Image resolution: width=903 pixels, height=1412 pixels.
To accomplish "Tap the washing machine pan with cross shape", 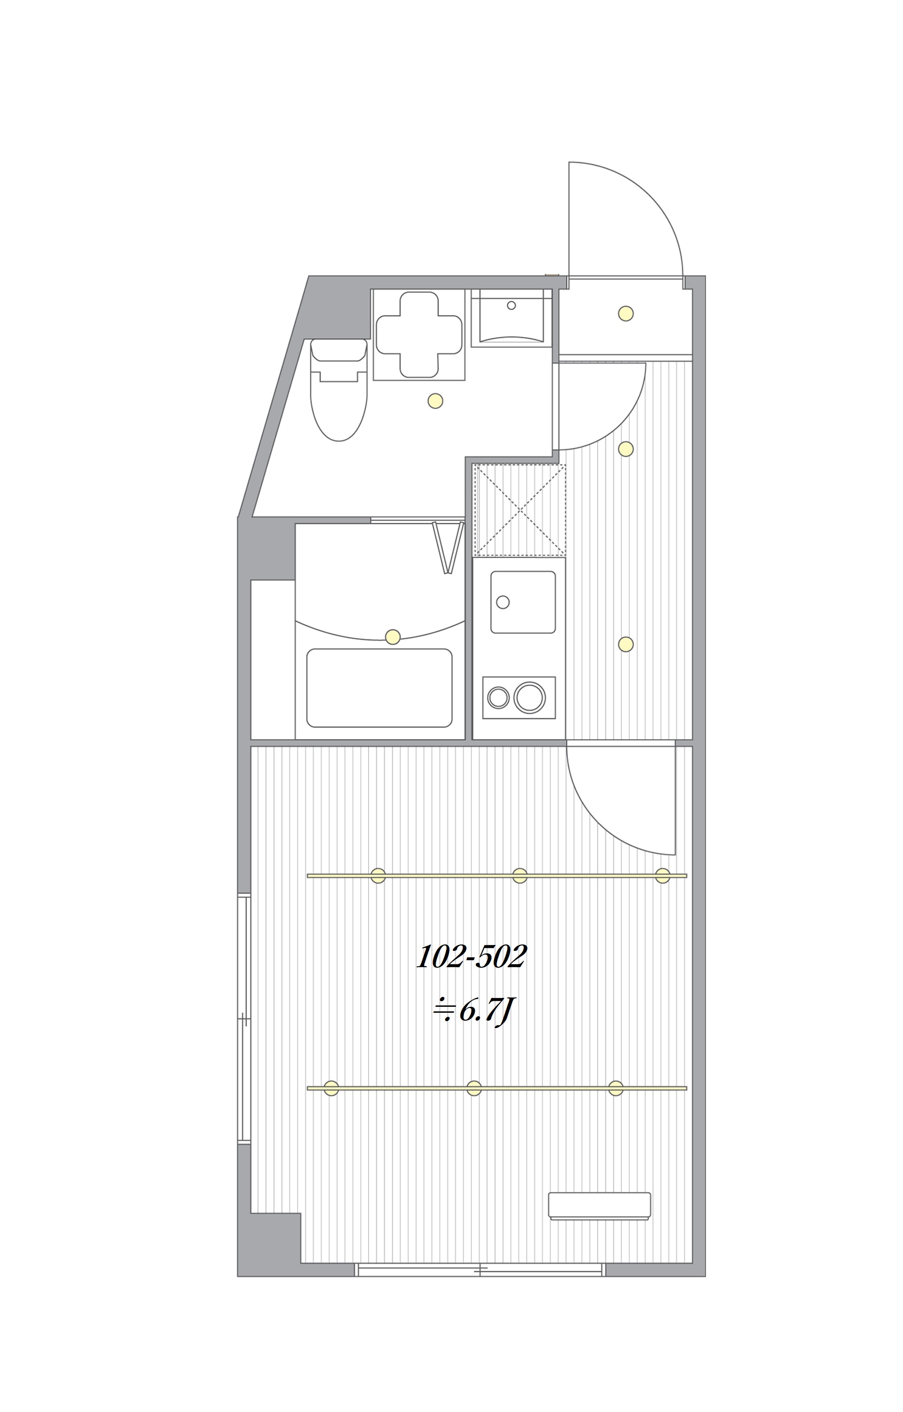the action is click(x=419, y=335).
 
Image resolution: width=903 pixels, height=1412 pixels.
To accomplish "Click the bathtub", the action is click(x=379, y=688).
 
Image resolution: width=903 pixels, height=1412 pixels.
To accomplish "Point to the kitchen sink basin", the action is click(x=523, y=602).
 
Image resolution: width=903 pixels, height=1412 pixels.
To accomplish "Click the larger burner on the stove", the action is click(x=530, y=697).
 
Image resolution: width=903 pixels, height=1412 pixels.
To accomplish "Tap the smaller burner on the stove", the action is click(x=499, y=698).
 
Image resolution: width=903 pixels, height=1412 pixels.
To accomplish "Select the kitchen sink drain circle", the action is click(x=503, y=602).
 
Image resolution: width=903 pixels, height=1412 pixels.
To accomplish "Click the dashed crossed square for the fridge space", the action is click(x=520, y=510).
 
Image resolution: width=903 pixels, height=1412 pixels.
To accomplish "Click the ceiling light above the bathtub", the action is click(x=393, y=637).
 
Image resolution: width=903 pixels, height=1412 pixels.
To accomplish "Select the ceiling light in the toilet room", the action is click(x=435, y=401).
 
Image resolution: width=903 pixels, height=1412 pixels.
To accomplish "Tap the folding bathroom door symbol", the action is click(x=448, y=547).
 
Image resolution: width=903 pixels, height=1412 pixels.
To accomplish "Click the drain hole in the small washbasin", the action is click(x=511, y=305).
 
